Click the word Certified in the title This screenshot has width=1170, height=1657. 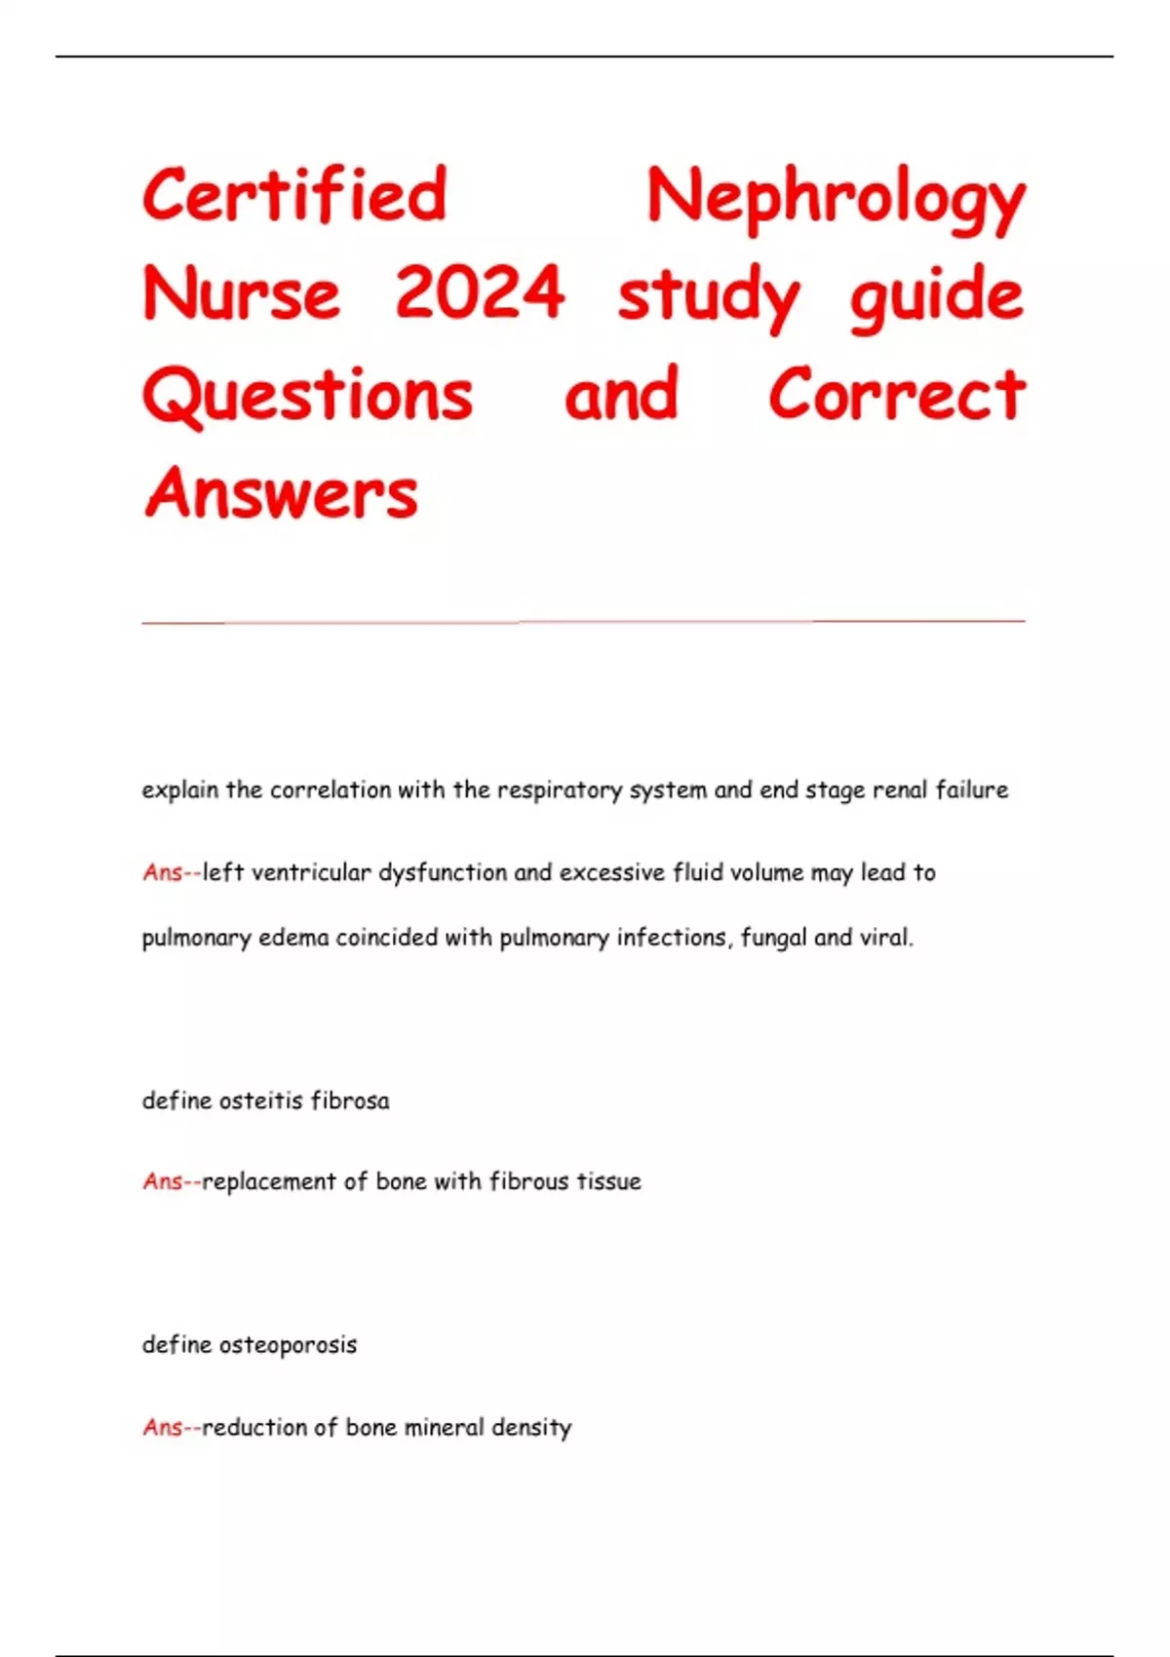(x=294, y=195)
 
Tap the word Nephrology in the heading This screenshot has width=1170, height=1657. (x=836, y=199)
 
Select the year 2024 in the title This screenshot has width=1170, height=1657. (x=480, y=293)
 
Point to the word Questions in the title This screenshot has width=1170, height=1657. (x=308, y=395)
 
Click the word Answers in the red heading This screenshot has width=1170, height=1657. (x=281, y=493)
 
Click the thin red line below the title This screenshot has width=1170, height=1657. (x=583, y=621)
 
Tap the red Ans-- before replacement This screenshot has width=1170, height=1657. (x=172, y=1181)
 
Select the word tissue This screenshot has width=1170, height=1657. (x=608, y=1181)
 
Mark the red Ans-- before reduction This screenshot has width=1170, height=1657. (x=172, y=1428)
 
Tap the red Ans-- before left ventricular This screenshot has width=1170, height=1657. (x=172, y=872)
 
